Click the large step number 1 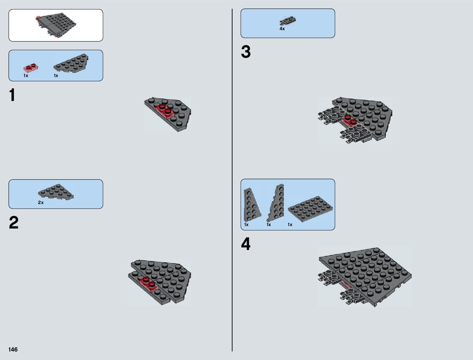point(12,95)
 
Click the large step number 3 point(246,52)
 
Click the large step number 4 point(246,244)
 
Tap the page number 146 point(13,349)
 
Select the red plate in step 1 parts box point(31,68)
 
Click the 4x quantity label point(282,29)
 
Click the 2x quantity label point(41,203)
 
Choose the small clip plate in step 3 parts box point(288,21)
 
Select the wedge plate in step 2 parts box point(56,192)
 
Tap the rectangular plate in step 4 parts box point(310,209)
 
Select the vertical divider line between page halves point(232,180)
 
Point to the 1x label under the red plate point(26,76)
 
